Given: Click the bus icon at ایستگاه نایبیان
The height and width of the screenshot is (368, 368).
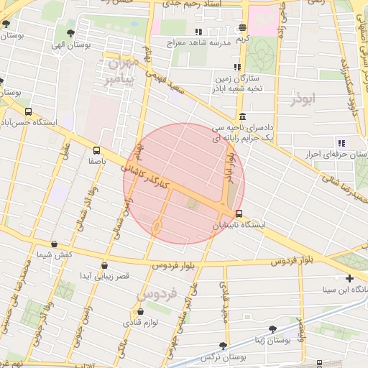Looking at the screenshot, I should click(239, 213).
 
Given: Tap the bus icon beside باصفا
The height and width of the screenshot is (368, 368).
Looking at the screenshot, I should click(96, 150).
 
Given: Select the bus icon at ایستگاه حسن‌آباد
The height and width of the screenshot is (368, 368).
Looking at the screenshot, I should click(28, 111).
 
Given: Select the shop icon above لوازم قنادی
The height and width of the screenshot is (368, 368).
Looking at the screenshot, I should click(140, 311).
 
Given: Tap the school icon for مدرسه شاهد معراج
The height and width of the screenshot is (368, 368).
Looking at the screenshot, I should click(198, 32).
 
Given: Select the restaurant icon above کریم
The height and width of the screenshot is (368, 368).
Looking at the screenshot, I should click(243, 28).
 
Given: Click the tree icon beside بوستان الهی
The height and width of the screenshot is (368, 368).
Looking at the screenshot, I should click(70, 33).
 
